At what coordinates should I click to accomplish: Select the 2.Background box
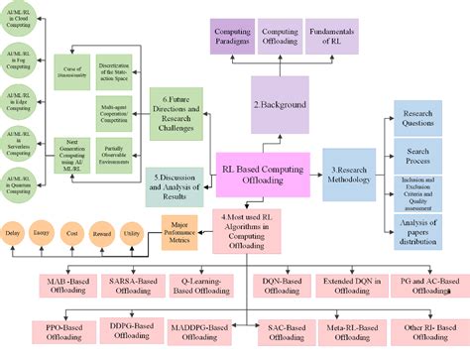coord(285,104)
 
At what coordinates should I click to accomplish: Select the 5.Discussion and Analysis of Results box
coord(176,182)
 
